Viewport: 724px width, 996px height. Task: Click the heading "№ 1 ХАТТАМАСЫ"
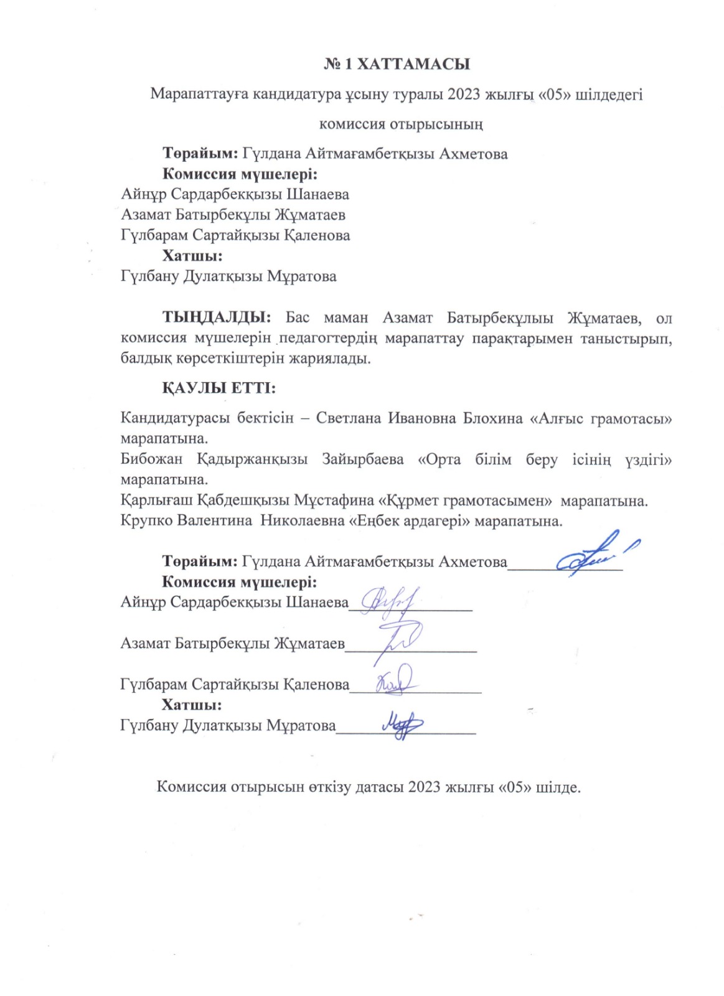[x=397, y=64]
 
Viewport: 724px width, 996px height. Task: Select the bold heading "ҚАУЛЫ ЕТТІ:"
[x=219, y=388]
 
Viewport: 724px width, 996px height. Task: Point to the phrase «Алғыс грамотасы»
[x=600, y=418]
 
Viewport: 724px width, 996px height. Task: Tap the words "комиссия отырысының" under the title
[x=401, y=124]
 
